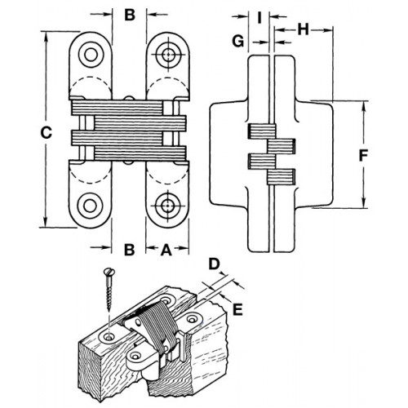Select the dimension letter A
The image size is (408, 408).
(x=167, y=249)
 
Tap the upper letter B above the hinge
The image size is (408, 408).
(x=128, y=14)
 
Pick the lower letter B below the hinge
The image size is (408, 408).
(x=128, y=249)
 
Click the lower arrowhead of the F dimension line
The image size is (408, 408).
(x=362, y=204)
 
